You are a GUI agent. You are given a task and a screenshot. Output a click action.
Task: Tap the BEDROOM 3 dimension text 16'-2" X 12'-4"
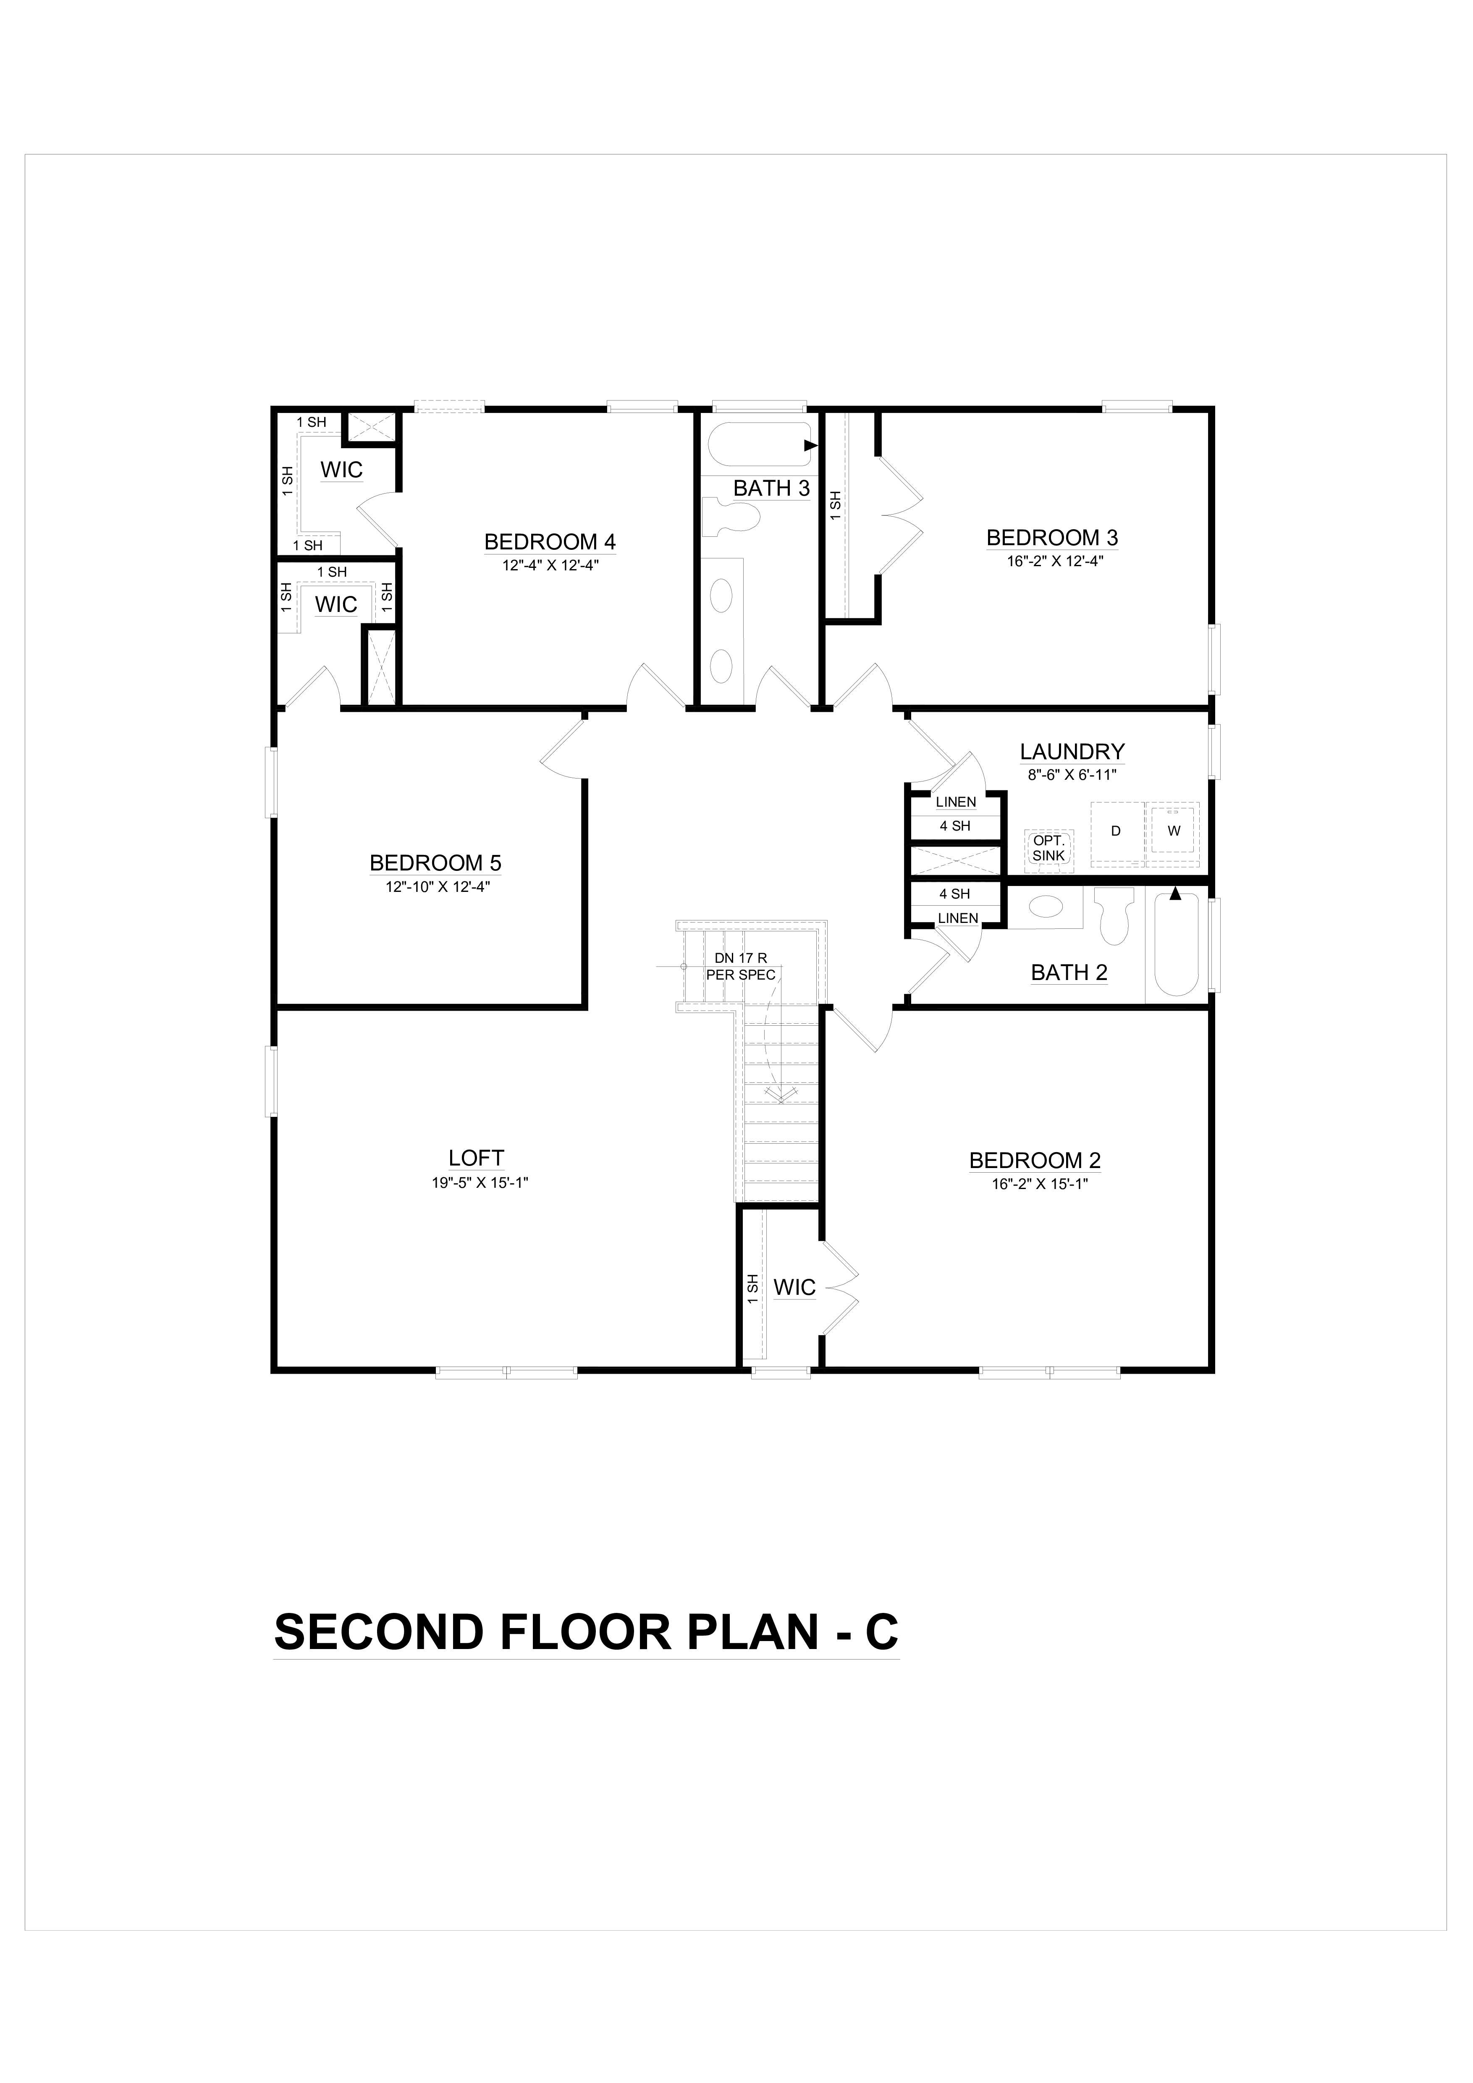click(1055, 561)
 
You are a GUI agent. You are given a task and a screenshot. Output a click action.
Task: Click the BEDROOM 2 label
click(1035, 1160)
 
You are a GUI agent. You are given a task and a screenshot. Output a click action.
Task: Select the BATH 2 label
click(1069, 972)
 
